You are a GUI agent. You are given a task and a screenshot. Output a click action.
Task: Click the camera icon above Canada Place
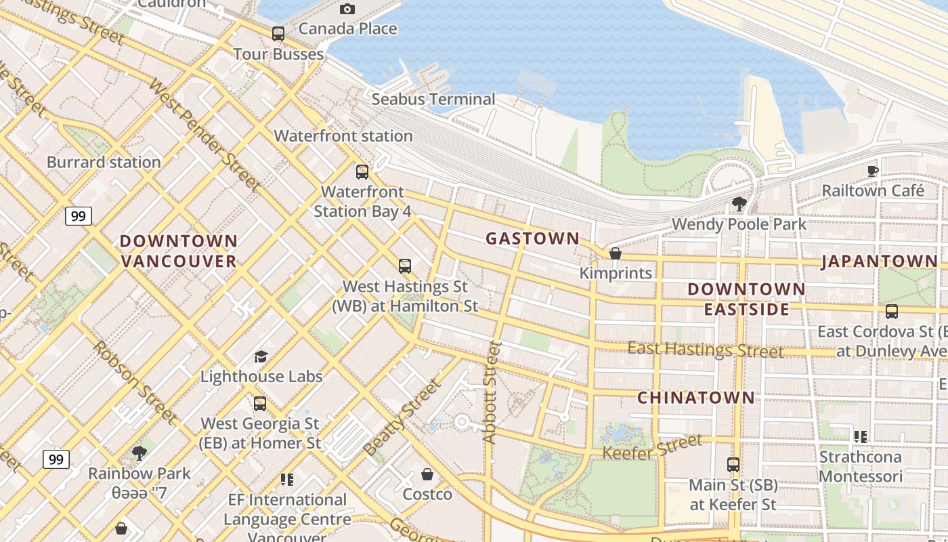[347, 9]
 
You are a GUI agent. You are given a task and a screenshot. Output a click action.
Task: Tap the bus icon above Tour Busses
[278, 33]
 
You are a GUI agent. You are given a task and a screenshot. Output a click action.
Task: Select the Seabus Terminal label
[433, 99]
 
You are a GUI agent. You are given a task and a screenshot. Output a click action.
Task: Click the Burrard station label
[104, 162]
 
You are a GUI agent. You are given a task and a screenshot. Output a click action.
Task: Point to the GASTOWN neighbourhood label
[533, 238]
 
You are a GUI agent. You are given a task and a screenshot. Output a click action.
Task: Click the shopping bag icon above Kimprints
[616, 253]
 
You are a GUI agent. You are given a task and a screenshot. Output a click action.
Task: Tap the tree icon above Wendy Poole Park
[739, 203]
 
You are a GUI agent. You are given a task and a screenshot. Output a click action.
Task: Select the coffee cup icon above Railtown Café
[873, 171]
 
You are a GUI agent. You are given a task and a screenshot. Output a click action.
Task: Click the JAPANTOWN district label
[880, 262]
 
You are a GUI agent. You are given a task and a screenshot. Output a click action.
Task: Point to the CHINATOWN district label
[696, 398]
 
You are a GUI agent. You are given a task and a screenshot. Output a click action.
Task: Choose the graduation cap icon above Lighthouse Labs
[261, 356]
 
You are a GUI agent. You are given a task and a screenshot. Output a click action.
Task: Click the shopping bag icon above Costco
[427, 474]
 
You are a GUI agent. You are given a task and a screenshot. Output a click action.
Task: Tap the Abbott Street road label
[492, 393]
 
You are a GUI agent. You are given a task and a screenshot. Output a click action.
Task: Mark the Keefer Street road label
[652, 448]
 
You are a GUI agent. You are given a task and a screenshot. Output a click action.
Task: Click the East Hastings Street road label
[705, 350]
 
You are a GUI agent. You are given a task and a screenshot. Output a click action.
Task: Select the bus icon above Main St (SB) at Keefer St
[733, 465]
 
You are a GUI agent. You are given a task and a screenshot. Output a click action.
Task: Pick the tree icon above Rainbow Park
[139, 453]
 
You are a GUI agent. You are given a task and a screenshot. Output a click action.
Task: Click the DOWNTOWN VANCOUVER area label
[179, 251]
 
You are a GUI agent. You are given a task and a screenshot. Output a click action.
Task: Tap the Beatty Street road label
[402, 418]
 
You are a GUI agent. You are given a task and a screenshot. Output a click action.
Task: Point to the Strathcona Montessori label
[860, 466]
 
